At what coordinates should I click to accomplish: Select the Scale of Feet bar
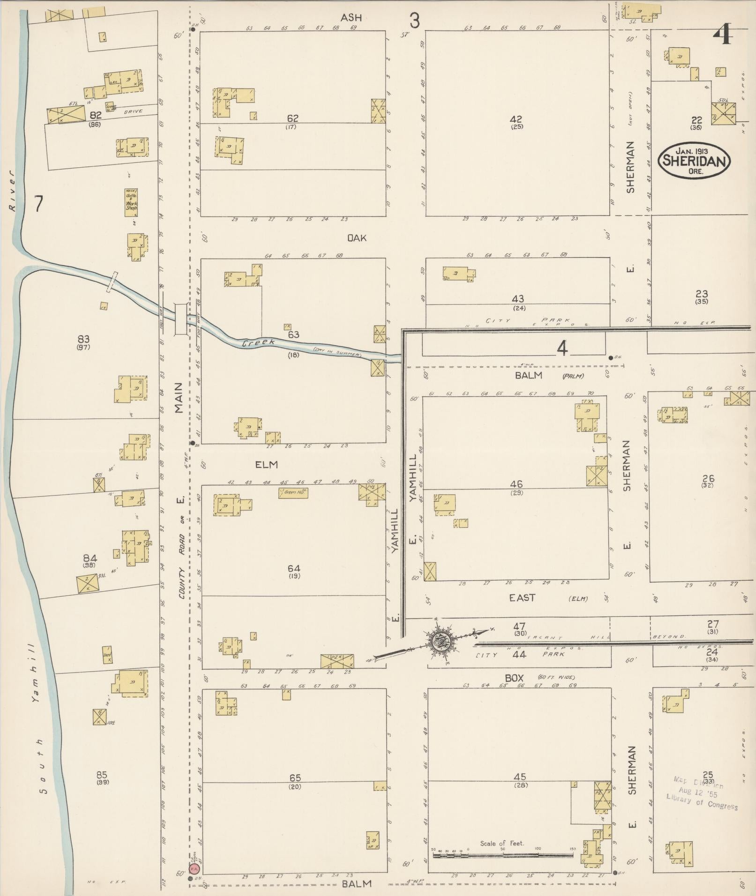(x=503, y=855)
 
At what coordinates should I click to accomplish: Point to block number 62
(x=293, y=118)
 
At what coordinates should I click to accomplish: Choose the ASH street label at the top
(x=351, y=18)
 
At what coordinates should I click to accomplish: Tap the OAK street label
(x=357, y=238)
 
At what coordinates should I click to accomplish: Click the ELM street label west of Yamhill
(x=267, y=465)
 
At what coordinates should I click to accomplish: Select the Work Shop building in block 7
(x=131, y=202)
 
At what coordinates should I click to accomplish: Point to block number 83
(x=84, y=339)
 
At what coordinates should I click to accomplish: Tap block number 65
(x=295, y=778)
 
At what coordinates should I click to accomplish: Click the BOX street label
(x=514, y=678)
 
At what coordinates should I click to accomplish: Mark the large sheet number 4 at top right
(x=723, y=34)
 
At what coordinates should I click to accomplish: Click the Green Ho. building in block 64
(x=293, y=492)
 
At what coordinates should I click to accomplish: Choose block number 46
(x=516, y=484)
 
